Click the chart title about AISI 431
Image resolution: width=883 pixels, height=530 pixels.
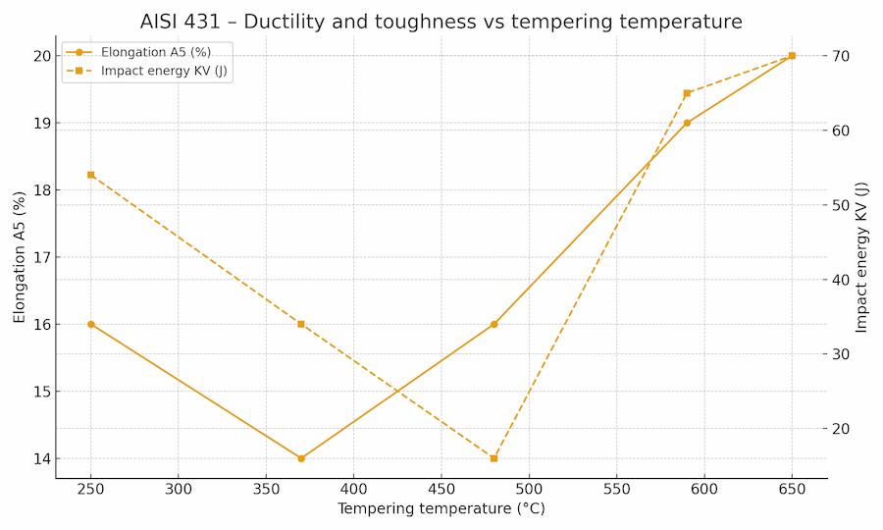441,21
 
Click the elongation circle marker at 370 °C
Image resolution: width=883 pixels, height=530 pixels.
301,458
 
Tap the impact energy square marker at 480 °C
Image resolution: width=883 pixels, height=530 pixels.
493,458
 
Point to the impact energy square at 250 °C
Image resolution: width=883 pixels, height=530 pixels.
91,175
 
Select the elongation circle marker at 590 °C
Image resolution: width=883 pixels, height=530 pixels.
687,123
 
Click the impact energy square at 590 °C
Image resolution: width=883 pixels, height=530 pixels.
687,93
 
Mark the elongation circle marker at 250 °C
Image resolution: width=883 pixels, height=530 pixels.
91,324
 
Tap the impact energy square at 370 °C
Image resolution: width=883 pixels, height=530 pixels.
301,324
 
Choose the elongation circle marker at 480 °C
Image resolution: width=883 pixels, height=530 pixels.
493,324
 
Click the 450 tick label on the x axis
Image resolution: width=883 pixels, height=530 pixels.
441,489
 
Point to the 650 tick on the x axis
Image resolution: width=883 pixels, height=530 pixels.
792,489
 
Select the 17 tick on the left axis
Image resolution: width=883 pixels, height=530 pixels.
41,257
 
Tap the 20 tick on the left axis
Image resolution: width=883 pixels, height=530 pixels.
41,56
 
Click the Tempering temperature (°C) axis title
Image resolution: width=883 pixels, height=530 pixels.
441,508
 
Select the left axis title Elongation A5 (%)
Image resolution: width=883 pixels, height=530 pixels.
19,257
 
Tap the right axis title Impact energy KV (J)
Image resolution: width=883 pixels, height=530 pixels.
862,257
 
